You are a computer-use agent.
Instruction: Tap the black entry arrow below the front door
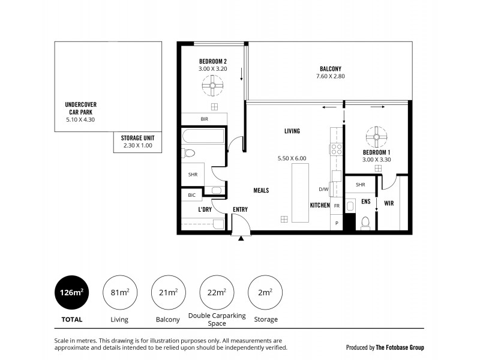[241, 238]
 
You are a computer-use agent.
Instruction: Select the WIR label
[389, 203]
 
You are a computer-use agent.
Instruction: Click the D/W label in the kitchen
[323, 190]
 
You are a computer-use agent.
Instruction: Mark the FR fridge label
[337, 205]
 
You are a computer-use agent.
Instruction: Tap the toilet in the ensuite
[365, 223]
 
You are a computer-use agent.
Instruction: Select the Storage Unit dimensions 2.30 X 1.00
[137, 145]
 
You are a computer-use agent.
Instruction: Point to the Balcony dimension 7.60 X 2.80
[330, 76]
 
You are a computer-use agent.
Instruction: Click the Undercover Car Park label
[81, 108]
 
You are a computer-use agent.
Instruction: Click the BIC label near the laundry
[191, 195]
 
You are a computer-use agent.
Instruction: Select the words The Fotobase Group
[400, 347]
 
